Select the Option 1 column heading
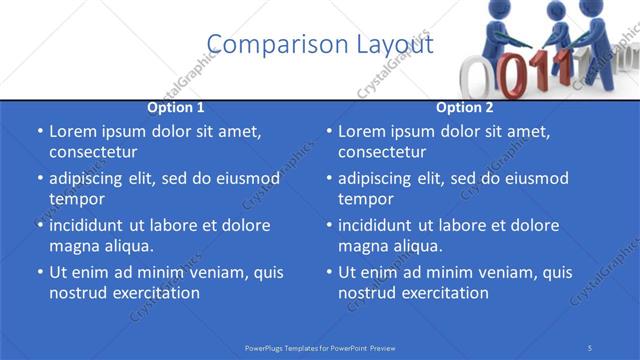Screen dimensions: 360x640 176,107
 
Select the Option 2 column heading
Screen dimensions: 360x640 465,107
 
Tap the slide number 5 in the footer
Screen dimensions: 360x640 590,347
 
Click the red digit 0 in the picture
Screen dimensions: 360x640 511,75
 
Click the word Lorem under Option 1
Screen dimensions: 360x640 72,131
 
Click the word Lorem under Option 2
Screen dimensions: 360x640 361,131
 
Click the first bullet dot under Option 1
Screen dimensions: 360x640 39,132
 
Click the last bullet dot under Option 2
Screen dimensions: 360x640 328,273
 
